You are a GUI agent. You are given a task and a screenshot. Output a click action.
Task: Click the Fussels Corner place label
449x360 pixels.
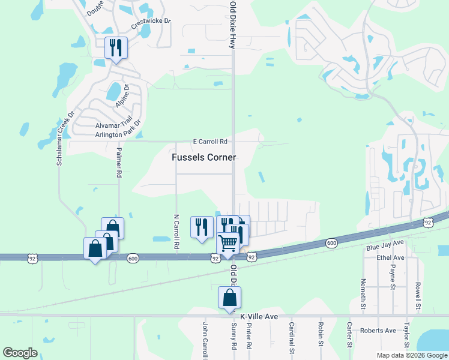pyautogui.click(x=203, y=157)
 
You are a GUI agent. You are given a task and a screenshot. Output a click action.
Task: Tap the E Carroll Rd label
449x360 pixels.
pyautogui.click(x=209, y=142)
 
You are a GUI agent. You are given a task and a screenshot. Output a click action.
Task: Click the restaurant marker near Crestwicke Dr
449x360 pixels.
pyautogui.click(x=116, y=47)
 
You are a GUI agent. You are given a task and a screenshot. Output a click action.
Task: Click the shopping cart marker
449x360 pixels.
pyautogui.click(x=228, y=244)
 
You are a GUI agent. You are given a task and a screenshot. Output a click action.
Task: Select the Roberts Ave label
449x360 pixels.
pyautogui.click(x=378, y=331)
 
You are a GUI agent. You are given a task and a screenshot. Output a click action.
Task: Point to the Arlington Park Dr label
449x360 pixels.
pyautogui.click(x=110, y=134)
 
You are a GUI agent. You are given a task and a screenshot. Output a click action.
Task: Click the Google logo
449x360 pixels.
pyautogui.click(x=20, y=352)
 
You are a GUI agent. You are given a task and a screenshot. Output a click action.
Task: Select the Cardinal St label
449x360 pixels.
pyautogui.click(x=291, y=338)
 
